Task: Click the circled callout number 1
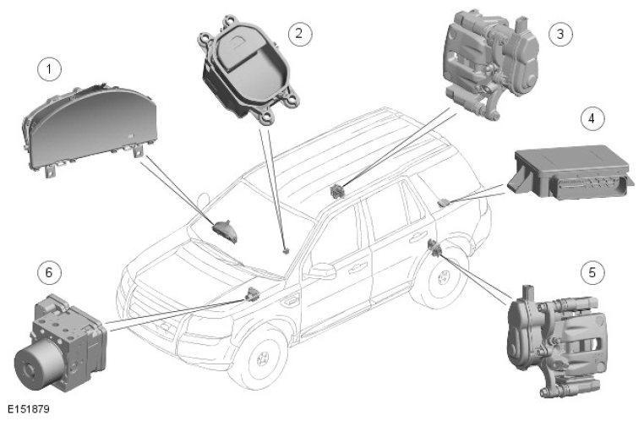tap(49, 69)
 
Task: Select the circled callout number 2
tap(299, 33)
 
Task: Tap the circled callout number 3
tap(560, 34)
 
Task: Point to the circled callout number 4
tap(592, 118)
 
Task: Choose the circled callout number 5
tap(592, 273)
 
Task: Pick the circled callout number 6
tap(49, 273)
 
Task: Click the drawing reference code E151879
tap(29, 409)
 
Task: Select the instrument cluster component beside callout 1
tap(88, 131)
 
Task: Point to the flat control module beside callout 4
tap(570, 172)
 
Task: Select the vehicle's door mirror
tap(321, 271)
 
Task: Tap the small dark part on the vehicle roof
tap(337, 190)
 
